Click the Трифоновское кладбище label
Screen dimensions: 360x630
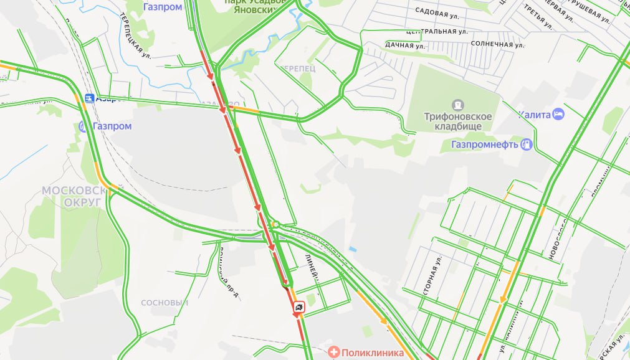tap(458, 121)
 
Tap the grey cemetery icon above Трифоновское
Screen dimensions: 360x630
tap(459, 104)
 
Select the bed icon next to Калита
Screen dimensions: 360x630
tap(558, 114)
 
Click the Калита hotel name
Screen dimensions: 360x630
tap(534, 115)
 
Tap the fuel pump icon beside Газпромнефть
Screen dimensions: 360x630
tap(527, 144)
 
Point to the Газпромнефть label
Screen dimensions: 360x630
tap(485, 145)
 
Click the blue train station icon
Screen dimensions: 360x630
tap(89, 98)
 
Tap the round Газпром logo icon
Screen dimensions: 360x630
tap(84, 126)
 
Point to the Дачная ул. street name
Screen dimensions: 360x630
tap(405, 45)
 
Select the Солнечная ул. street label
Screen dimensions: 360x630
tap(497, 44)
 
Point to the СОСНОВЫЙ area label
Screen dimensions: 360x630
tap(165, 303)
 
